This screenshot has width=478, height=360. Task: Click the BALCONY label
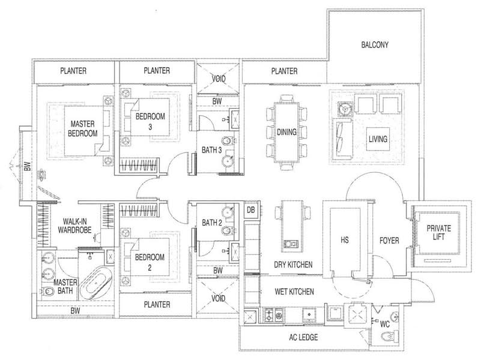375,45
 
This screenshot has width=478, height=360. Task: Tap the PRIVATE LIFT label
439,232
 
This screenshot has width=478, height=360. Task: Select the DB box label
250,210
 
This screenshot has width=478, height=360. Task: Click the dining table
286,132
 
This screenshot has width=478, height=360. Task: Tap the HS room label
345,240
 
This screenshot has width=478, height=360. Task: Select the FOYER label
389,241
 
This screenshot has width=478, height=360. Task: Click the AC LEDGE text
303,337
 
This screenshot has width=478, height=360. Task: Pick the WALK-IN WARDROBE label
74,226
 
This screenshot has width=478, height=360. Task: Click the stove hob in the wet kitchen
273,315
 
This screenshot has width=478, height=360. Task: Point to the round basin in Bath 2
228,212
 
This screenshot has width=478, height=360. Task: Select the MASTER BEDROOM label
83,128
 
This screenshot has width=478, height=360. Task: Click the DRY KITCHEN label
293,265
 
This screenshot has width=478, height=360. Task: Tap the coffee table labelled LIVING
378,139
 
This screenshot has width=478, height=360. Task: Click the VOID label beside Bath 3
219,79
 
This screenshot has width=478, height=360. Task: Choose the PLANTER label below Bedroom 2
157,304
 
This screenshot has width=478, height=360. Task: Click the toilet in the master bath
48,292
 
